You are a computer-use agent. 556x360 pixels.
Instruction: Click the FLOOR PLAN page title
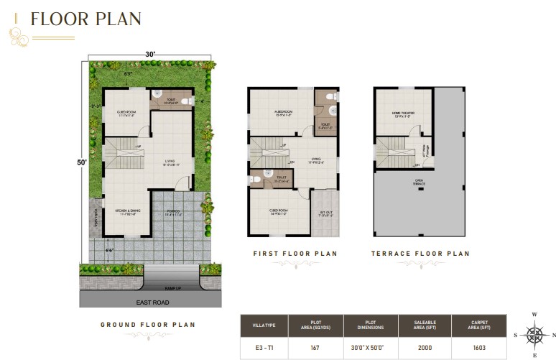[x=86, y=19]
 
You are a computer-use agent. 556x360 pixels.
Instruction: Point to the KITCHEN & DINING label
[x=127, y=211]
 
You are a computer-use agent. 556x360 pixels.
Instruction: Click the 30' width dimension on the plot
[x=151, y=53]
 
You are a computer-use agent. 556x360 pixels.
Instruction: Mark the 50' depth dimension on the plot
[x=83, y=163]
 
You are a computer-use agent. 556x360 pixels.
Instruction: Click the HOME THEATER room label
[x=402, y=114]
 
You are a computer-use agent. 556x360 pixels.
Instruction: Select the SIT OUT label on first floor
[x=325, y=213]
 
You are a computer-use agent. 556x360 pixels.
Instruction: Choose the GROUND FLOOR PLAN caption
[x=147, y=325]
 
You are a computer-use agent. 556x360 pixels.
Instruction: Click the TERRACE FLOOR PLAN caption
[x=420, y=254]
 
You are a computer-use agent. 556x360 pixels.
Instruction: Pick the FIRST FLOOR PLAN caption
[x=295, y=254]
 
